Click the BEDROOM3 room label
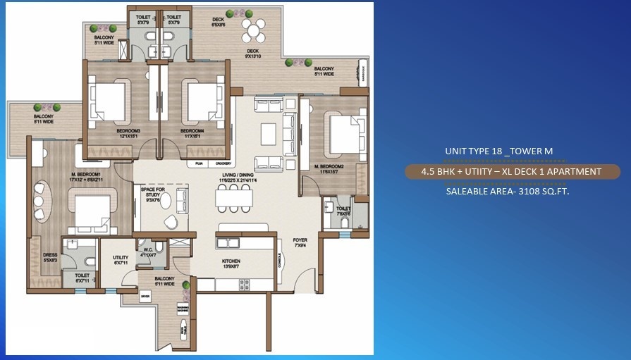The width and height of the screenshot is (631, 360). (129, 131)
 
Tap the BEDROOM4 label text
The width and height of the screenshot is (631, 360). (192, 131)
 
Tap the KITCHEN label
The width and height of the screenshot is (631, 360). (231, 260)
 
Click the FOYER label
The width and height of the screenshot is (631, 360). (300, 240)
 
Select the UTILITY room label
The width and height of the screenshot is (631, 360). (121, 258)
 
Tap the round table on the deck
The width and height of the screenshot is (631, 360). (254, 30)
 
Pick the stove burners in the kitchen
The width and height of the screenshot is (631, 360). (244, 284)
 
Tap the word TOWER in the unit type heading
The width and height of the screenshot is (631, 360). (532, 151)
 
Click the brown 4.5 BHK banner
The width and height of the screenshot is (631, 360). (512, 171)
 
